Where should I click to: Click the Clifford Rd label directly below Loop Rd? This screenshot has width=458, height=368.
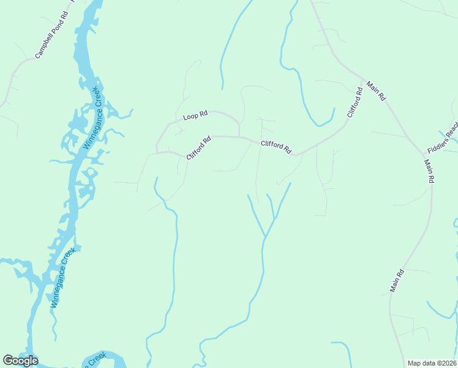tap(198, 148)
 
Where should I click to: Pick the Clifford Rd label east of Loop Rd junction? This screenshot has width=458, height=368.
tap(276, 147)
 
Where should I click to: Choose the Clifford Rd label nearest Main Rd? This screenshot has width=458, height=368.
tap(355, 102)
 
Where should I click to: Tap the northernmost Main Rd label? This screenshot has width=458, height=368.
tap(376, 90)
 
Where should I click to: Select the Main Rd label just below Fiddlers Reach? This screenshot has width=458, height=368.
tap(429, 171)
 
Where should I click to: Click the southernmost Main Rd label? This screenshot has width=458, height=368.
tap(397, 280)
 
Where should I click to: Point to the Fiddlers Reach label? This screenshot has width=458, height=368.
tap(444, 140)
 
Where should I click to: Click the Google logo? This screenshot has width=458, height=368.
tap(20, 360)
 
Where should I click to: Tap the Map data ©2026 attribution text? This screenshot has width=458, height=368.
tap(432, 362)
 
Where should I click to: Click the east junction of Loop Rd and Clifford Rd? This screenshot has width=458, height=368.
tap(239, 136)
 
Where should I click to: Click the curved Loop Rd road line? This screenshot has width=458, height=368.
tap(223, 114)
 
